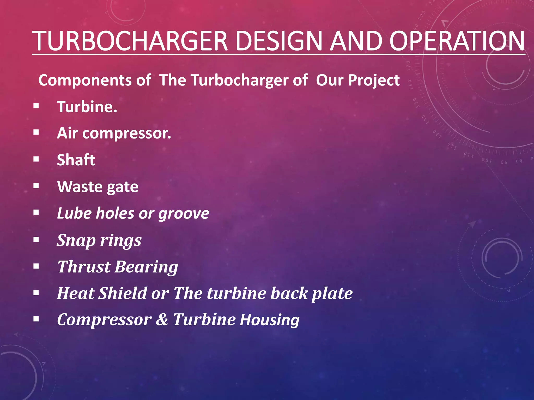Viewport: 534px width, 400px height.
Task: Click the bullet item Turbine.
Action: (x=87, y=107)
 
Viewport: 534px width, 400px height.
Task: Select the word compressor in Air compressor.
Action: (x=127, y=134)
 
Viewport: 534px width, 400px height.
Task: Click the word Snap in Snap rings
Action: (x=76, y=241)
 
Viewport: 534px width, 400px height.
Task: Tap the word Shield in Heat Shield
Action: (x=123, y=293)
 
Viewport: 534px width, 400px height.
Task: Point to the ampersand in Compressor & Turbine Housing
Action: (x=162, y=320)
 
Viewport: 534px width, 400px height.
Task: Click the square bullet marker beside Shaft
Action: (x=36, y=159)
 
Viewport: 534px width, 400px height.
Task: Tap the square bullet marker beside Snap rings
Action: (x=36, y=240)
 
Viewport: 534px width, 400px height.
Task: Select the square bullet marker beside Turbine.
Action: (x=36, y=106)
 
